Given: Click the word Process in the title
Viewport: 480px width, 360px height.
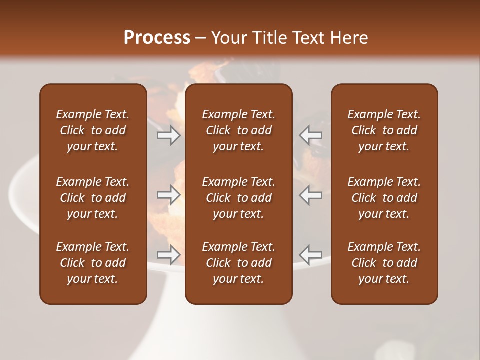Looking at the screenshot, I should (157, 38).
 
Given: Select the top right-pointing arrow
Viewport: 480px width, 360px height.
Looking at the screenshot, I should (169, 135).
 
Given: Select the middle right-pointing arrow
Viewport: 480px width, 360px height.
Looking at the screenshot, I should (169, 195).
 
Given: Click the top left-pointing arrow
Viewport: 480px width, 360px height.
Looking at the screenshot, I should (311, 135).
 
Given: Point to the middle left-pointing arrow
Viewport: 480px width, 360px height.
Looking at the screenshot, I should (311, 195).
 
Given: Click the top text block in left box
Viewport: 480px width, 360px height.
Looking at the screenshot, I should (93, 130).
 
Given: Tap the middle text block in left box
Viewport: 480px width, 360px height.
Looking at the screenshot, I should (93, 198).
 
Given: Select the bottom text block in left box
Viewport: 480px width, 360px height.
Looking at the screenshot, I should (93, 263).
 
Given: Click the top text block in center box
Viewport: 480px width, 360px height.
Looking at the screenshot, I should (238, 130).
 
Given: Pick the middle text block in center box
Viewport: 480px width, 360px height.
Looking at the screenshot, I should (238, 198).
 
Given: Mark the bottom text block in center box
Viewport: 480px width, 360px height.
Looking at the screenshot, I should (238, 263).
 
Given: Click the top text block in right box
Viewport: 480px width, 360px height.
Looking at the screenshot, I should (384, 130).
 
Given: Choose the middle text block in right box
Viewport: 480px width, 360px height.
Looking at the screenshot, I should (384, 198).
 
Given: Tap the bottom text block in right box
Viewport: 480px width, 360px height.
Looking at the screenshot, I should (384, 263).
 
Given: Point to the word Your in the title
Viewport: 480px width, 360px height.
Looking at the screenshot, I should (228, 38).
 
